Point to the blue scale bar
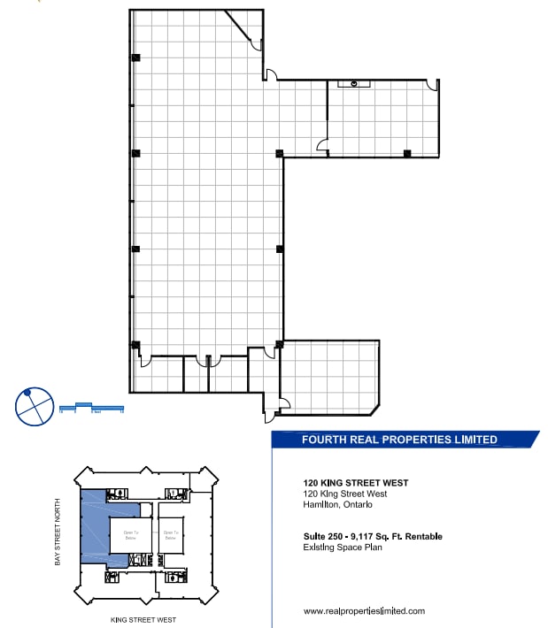[90, 409]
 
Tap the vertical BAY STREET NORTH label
[58, 531]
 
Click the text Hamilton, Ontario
[337, 505]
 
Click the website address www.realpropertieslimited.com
[364, 611]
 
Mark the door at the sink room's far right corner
[432, 86]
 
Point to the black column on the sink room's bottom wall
[407, 154]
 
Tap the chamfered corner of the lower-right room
[375, 409]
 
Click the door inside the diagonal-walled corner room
[255, 44]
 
